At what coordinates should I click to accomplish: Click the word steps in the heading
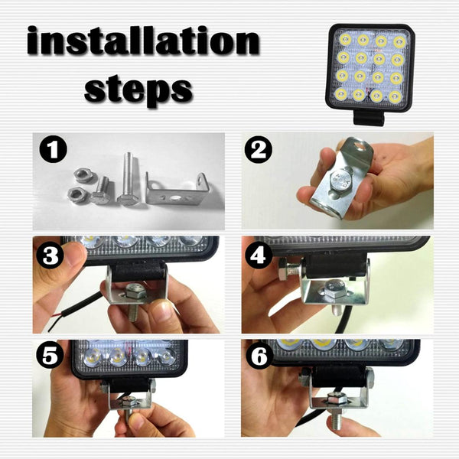click(x=138, y=88)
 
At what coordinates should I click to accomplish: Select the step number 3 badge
click(x=52, y=256)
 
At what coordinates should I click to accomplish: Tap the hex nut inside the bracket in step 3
click(x=136, y=290)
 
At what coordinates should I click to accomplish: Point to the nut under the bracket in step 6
click(x=334, y=399)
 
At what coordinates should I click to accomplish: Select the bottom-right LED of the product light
click(x=396, y=96)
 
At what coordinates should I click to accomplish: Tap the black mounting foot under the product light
click(x=369, y=118)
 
